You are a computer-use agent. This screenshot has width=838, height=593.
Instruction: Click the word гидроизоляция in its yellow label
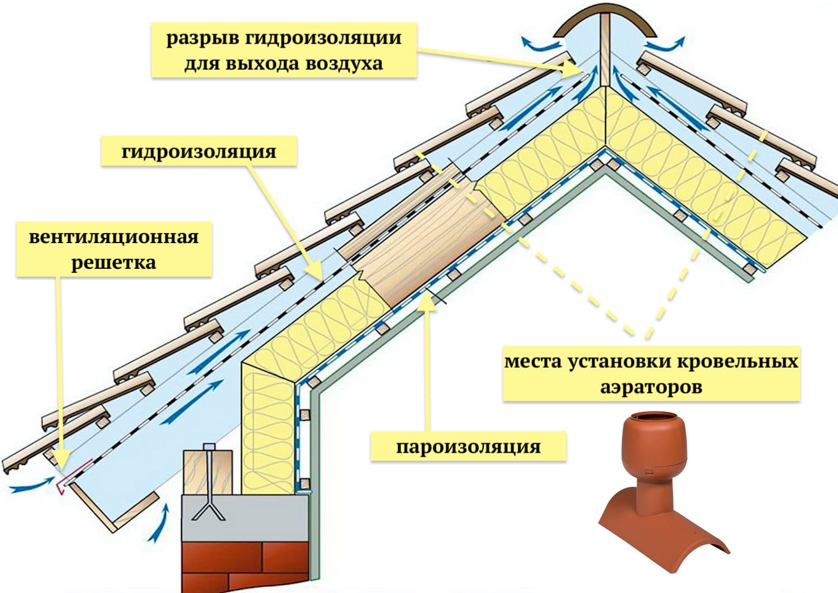pyautogui.click(x=199, y=151)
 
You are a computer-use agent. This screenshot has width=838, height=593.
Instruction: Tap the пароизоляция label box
pyautogui.click(x=468, y=447)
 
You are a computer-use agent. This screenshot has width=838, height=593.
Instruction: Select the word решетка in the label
pyautogui.click(x=113, y=262)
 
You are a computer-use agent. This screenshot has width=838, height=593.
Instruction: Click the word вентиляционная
pyautogui.click(x=114, y=236)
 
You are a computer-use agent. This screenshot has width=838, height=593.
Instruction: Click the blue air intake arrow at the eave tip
pyautogui.click(x=28, y=486)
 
